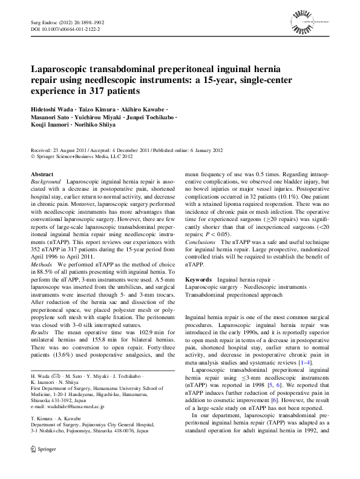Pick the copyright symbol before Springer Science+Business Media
(x=33, y=156)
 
